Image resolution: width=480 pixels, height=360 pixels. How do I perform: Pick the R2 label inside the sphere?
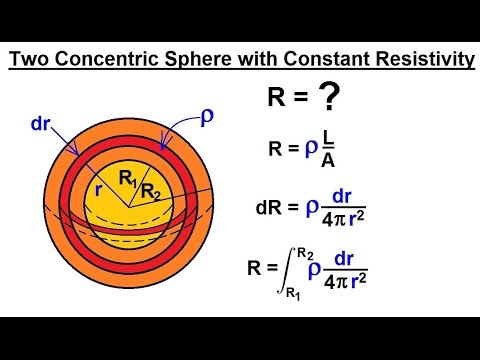[x=150, y=191]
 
